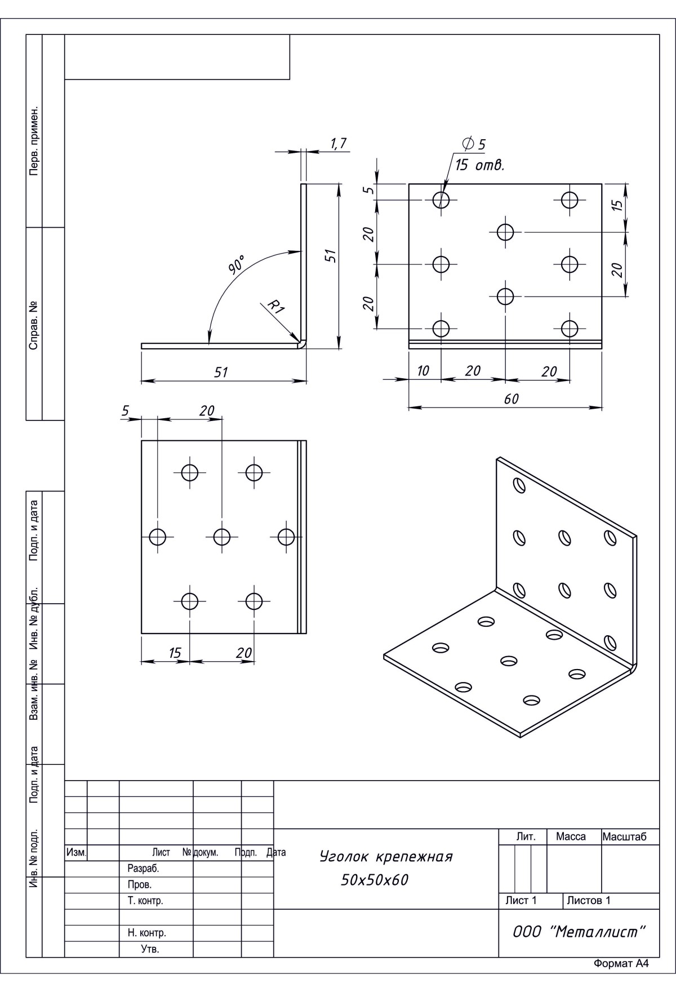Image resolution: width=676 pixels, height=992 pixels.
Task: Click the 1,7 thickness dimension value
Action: pos(339,144)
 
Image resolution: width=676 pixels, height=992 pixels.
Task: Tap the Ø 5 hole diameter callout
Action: pos(474,144)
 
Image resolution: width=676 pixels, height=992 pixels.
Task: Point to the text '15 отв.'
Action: pos(479,166)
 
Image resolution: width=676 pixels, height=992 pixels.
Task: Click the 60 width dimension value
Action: pos(511,398)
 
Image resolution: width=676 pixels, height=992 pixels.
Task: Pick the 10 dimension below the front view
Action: pos(422,370)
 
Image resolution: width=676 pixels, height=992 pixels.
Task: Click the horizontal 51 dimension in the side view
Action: pos(221,372)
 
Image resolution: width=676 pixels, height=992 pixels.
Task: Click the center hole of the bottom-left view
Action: pos(222,537)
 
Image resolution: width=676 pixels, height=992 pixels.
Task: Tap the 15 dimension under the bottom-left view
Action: pos(175,653)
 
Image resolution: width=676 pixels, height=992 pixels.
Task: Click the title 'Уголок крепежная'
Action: pos(386,857)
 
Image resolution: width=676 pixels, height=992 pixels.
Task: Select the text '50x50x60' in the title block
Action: pos(375,880)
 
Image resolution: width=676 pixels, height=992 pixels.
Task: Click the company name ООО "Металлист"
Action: pos(578,932)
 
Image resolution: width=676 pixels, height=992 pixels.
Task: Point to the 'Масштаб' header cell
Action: pos(624,837)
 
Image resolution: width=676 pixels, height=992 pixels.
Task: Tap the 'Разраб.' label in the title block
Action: pos(144,869)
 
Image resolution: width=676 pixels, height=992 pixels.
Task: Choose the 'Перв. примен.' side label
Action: pos(34,140)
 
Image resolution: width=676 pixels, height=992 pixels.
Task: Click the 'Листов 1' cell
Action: pos(589,900)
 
